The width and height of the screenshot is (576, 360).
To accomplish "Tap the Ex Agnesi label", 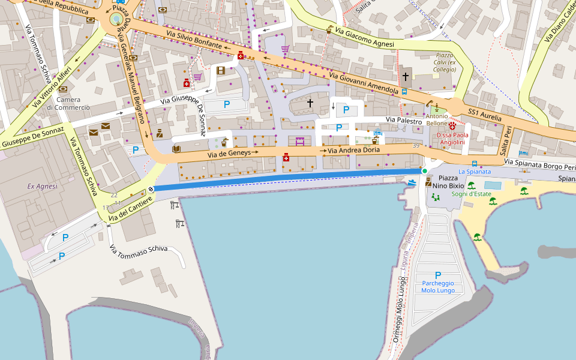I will tap(42, 187).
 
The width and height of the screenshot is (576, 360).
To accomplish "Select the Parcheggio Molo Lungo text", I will tap(437, 287).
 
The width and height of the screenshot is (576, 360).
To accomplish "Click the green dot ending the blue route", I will tap(425, 171).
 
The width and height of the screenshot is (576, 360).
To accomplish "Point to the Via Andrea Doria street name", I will tap(353, 150).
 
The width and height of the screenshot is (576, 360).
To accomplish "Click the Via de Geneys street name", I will tap(230, 155).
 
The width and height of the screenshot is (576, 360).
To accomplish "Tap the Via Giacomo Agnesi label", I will tap(364, 37).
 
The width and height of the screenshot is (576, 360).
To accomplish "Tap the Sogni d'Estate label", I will tap(472, 194).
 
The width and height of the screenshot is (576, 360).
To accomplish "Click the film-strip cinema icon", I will tap(221, 71).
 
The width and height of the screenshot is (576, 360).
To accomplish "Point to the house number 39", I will tap(416, 146).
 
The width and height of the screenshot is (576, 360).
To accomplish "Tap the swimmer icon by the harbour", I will tap(412, 182).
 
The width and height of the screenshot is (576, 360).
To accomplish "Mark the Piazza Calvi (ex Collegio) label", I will tap(445, 62).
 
